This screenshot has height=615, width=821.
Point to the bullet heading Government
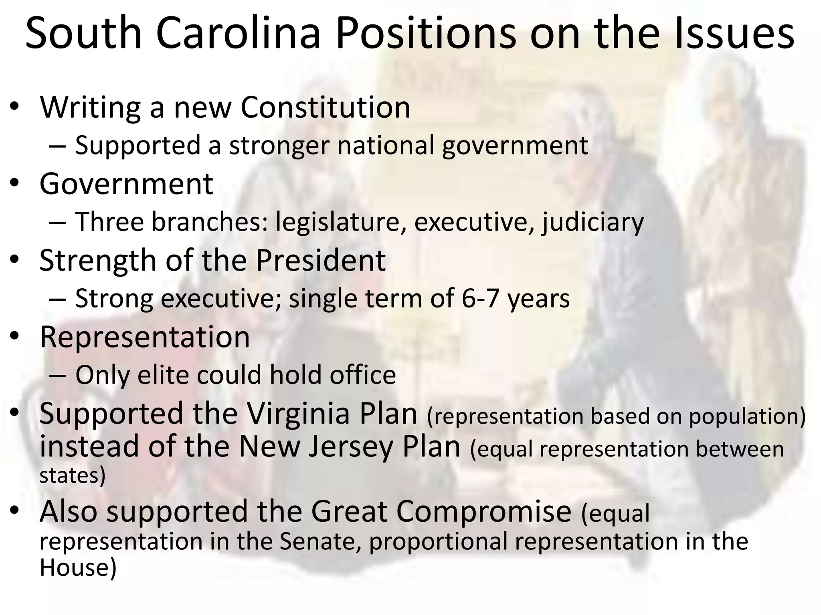point(126,184)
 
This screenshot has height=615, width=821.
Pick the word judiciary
point(593,222)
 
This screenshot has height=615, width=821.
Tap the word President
point(321,260)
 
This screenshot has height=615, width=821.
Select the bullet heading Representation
point(145,337)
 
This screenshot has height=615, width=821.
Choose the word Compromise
point(441,511)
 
